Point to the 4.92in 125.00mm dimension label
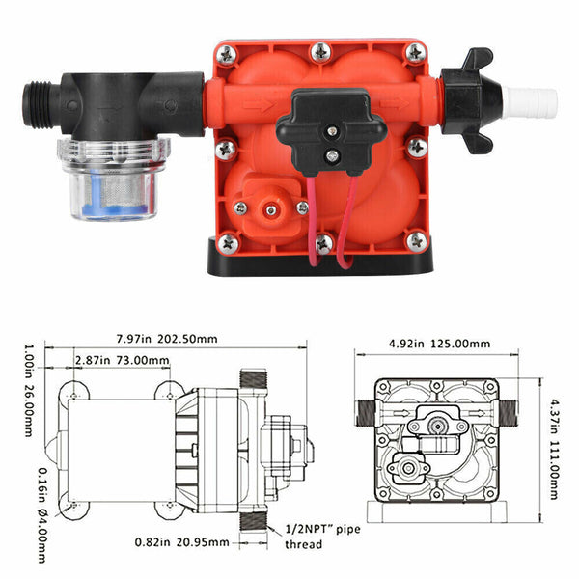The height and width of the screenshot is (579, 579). [440, 343]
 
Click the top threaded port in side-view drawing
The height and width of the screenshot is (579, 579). [257, 378]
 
